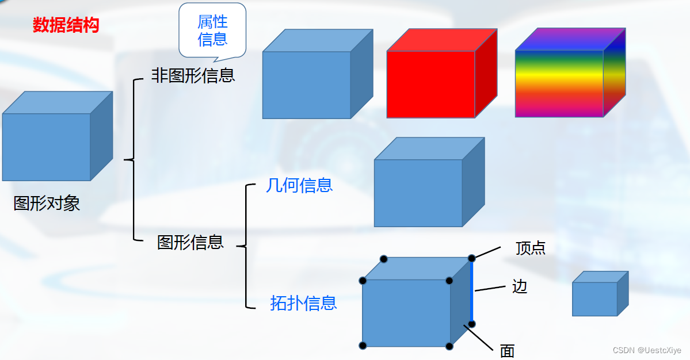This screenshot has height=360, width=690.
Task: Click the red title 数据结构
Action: (x=66, y=25)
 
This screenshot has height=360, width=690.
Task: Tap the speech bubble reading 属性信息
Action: (x=212, y=30)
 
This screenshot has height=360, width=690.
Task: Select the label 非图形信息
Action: (x=193, y=75)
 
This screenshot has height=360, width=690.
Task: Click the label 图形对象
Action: (x=47, y=203)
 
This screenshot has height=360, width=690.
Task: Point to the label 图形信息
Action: (x=190, y=242)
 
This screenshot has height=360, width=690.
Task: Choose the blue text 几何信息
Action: (x=299, y=185)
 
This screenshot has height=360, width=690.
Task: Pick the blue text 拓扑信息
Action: (x=303, y=303)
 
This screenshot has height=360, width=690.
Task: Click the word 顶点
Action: (x=530, y=248)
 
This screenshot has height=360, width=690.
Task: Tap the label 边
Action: (x=520, y=286)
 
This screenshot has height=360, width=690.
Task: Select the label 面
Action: (x=507, y=351)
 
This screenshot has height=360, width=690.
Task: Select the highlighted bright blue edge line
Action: (x=472, y=291)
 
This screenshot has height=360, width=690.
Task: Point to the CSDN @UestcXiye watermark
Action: (x=647, y=350)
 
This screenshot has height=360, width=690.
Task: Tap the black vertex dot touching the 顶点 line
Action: (x=472, y=258)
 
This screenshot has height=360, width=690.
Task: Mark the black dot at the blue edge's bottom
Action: (x=472, y=324)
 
